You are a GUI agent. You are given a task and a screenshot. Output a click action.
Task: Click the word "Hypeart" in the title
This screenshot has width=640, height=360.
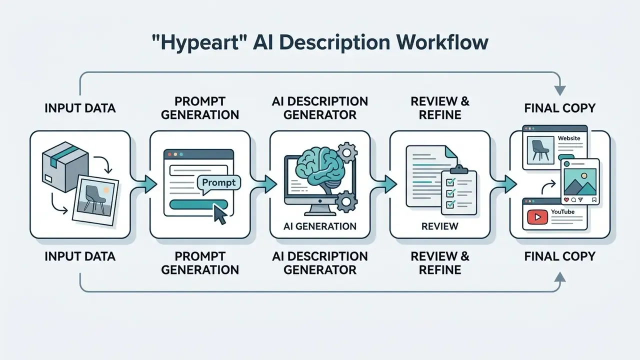(x=199, y=43)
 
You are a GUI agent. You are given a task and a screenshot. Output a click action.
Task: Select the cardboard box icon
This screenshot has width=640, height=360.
(x=65, y=167)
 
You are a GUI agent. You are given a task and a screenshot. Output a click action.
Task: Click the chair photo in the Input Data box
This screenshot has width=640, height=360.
(x=95, y=200)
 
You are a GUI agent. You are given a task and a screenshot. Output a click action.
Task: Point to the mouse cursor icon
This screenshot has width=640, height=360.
(x=220, y=214)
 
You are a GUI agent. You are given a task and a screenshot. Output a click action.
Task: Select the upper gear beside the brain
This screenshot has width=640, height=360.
(x=346, y=153)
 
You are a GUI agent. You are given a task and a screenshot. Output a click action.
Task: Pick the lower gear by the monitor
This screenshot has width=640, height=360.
(x=346, y=202)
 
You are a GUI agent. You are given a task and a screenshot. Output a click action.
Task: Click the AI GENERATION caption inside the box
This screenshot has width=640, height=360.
(x=320, y=226)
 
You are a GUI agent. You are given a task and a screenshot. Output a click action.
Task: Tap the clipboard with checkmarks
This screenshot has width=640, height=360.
(x=459, y=190)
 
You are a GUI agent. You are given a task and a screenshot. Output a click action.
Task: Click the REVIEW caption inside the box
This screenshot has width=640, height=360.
(x=439, y=226)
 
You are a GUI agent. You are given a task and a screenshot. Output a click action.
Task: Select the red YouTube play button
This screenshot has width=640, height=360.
(x=537, y=217)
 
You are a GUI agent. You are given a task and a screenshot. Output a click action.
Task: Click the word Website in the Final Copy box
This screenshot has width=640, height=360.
(x=569, y=138)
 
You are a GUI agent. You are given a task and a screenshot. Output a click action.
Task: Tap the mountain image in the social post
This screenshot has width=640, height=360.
(x=580, y=181)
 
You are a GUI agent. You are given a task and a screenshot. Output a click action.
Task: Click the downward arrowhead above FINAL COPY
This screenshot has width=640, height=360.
(x=560, y=90)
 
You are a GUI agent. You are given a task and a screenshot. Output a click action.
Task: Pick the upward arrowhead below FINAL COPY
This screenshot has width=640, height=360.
(x=560, y=277)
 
